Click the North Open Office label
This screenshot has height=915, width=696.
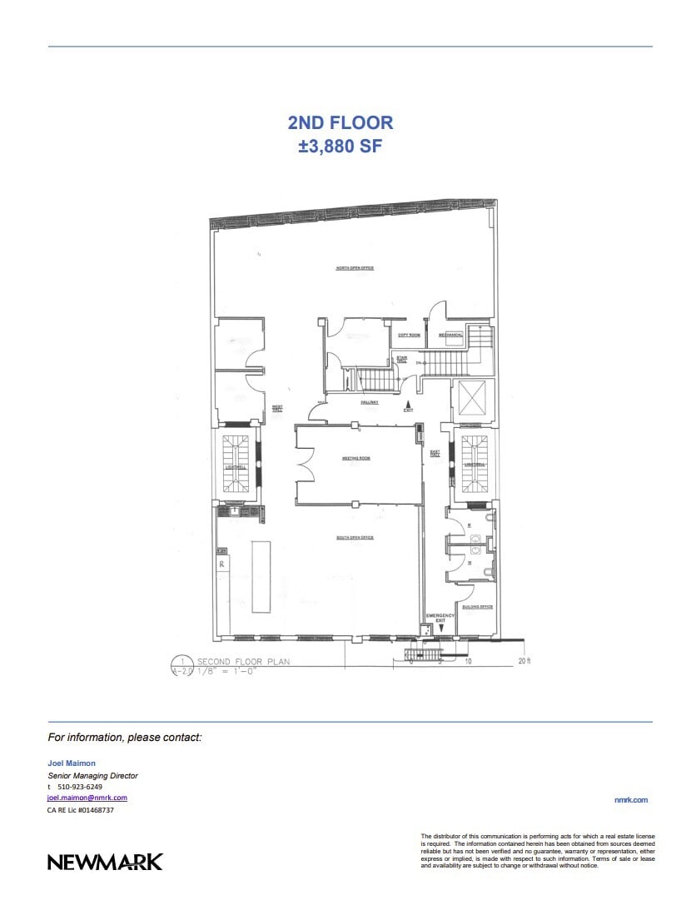[355, 268]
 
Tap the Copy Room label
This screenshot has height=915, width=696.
[409, 335]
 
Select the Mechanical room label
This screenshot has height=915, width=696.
[450, 335]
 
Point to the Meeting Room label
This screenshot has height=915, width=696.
[355, 459]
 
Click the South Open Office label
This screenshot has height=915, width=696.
[355, 538]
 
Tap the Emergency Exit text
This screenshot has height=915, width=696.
[440, 618]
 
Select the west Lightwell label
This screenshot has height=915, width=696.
[236, 467]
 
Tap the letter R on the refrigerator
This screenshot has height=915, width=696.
[222, 564]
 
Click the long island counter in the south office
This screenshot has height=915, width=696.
[261, 576]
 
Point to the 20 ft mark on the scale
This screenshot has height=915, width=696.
[524, 661]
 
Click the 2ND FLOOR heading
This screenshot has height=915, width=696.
[341, 123]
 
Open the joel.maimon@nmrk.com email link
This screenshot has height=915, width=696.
[87, 798]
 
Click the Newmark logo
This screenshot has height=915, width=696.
[105, 862]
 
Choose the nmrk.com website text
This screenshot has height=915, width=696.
[630, 800]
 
